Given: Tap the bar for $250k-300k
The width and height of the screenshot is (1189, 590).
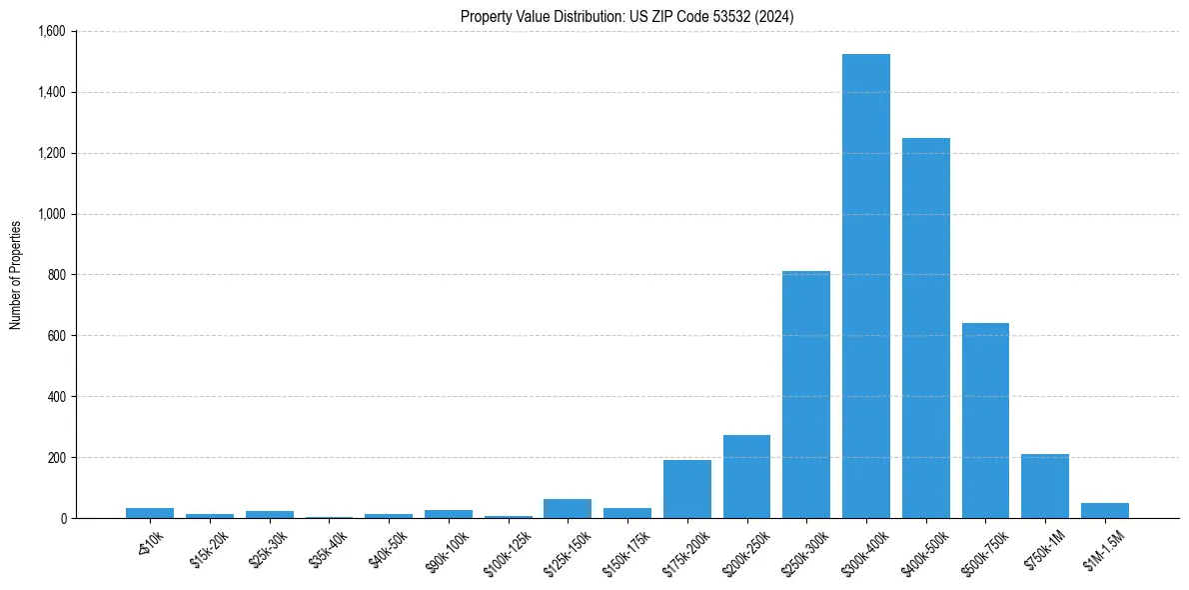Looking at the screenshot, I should [805, 394].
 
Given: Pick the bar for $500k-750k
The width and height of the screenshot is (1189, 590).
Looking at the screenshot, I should [985, 420].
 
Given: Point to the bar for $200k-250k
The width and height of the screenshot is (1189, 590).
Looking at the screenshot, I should [746, 476].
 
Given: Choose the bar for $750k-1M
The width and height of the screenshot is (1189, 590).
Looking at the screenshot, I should [1045, 486].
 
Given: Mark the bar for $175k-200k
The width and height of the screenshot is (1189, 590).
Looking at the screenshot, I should [686, 489].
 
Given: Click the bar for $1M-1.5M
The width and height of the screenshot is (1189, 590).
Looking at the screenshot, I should [1104, 510].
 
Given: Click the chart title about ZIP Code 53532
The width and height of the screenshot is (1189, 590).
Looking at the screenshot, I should [627, 17].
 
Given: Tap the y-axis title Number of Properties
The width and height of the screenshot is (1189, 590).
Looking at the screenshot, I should [16, 275].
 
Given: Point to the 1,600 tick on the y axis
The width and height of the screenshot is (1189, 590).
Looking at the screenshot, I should [51, 32].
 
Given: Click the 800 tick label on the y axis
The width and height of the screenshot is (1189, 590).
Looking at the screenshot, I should [57, 275].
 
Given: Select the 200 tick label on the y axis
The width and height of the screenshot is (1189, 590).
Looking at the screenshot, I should [57, 458].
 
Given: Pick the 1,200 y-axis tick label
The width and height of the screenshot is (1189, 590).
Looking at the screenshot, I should [51, 153].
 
